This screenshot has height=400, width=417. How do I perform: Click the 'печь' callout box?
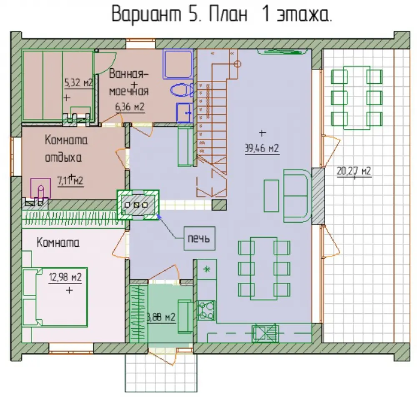[199, 238]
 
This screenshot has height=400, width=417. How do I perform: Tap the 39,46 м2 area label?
[262, 148]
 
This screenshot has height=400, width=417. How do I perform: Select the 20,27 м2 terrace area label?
[354, 171]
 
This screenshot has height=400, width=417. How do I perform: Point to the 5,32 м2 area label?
[78, 83]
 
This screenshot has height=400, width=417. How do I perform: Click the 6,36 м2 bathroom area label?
[130, 107]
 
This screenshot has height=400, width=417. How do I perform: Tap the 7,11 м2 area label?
[70, 181]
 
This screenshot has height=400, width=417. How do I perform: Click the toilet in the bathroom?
[182, 90]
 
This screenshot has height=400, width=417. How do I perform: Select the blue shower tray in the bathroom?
[178, 64]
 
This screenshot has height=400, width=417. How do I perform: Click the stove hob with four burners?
[206, 310]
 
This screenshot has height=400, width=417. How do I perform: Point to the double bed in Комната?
[55, 297]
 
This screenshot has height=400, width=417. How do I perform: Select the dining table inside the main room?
[264, 269]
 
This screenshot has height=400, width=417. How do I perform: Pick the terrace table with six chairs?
[357, 98]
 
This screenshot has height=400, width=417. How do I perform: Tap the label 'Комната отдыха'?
[66, 149]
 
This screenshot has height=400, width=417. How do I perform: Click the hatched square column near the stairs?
[219, 205]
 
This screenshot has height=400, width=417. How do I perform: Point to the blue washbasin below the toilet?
[185, 113]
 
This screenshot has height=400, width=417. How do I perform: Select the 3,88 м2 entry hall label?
[161, 317]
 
